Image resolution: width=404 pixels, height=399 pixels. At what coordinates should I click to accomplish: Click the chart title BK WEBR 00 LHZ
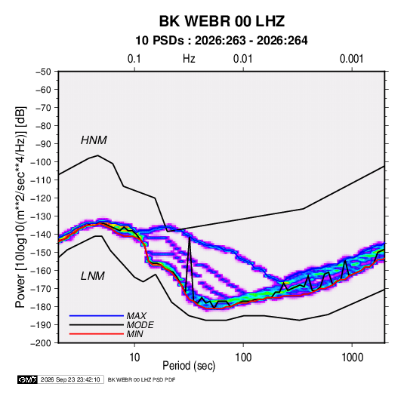[222, 21]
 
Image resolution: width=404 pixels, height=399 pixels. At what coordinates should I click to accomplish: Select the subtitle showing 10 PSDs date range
[221, 41]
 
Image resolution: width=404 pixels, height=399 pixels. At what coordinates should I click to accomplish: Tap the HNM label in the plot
[94, 140]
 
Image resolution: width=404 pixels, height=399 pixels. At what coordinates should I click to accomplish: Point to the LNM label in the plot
[93, 276]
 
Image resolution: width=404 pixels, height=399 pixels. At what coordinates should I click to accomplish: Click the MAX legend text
[136, 316]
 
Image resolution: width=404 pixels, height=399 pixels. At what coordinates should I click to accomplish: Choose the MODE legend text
[140, 325]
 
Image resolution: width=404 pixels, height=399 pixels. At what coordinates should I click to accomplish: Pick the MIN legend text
[134, 334]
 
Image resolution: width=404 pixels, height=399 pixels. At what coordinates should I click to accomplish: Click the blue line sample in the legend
[97, 316]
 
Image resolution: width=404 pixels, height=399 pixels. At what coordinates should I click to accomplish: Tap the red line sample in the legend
[97, 334]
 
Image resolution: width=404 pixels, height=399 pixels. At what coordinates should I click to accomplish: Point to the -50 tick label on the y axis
[43, 72]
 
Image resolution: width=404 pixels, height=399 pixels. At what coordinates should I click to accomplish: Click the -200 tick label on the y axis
[41, 343]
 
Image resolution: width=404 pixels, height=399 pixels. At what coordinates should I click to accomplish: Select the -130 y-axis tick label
[41, 216]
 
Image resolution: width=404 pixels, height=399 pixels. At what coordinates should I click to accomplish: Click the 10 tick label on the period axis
[134, 358]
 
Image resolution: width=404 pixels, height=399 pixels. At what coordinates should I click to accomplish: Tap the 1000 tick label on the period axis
[352, 358]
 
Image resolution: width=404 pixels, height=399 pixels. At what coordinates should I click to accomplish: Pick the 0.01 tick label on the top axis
[242, 59]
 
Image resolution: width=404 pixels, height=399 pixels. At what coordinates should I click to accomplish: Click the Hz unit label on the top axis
[189, 59]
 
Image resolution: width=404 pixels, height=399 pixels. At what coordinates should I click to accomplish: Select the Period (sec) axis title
[189, 366]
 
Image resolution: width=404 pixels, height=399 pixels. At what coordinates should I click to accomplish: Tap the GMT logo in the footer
[28, 379]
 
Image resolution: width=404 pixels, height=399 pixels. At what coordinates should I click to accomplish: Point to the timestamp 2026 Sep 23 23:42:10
[70, 379]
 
